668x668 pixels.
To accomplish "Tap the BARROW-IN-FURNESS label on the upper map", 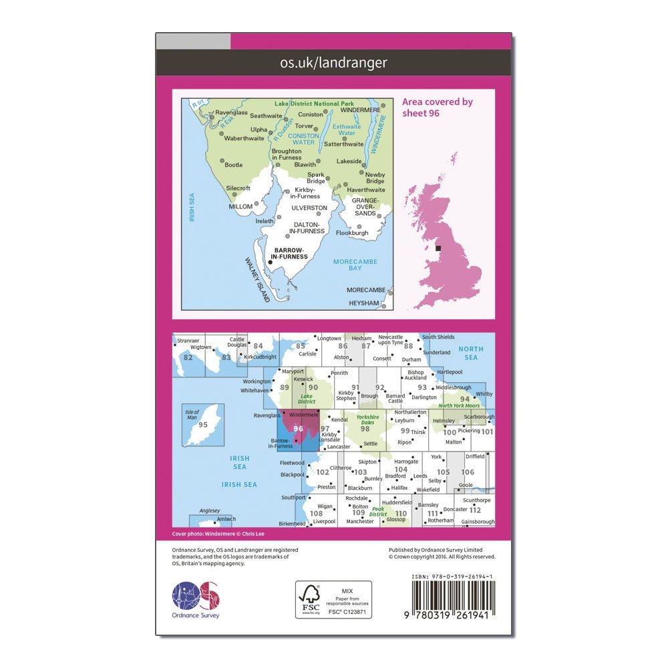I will [287, 253].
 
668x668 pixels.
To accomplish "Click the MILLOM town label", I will [240, 206].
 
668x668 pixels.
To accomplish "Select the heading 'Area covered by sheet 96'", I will [438, 108].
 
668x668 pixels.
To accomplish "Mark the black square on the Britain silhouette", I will [438, 248].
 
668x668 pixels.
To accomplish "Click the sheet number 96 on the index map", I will [298, 429].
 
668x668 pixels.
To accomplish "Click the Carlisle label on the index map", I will [308, 353].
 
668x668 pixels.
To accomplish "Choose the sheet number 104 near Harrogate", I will [401, 469].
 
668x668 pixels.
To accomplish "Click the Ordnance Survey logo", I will [196, 597].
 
